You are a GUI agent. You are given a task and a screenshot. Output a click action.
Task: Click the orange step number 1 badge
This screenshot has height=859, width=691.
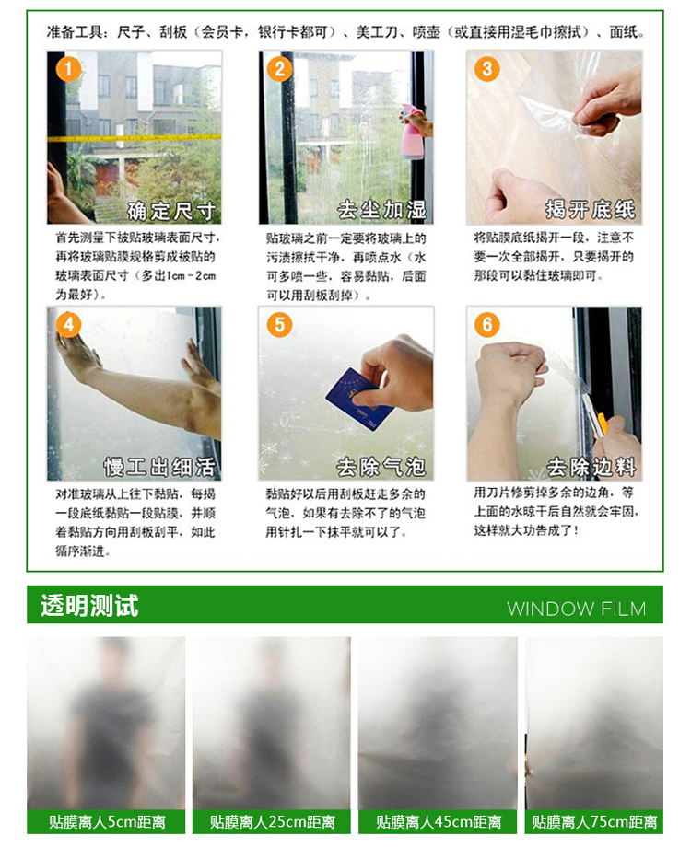(x=68, y=70)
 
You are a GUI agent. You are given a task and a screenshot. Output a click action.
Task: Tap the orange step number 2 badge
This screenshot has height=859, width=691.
(x=280, y=70)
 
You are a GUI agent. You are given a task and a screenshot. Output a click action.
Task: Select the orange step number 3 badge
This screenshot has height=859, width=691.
(x=487, y=70)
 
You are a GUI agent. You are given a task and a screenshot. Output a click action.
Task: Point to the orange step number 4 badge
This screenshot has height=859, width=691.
(x=68, y=325)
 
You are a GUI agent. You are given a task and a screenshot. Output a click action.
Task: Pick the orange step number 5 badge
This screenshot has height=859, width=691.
(x=280, y=325)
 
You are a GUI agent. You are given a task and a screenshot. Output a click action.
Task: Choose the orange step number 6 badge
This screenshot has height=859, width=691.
(x=487, y=325)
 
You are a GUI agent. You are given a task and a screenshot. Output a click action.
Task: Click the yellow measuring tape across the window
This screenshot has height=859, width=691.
(x=135, y=138)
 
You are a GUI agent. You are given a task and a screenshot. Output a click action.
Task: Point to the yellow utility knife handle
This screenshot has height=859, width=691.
(x=602, y=425)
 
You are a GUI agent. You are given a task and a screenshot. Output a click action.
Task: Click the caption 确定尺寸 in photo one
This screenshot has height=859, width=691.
(x=171, y=211)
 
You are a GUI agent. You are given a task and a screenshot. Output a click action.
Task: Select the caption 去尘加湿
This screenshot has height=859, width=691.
(x=381, y=210)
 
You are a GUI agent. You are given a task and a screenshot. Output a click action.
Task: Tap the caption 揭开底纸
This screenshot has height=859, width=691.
(x=590, y=209)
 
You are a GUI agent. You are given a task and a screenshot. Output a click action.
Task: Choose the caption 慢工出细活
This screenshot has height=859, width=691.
(x=159, y=467)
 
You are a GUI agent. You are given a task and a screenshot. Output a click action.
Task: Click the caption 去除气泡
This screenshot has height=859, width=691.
(x=381, y=467)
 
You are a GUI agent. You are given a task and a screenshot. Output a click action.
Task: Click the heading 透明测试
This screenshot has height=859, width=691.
(x=89, y=606)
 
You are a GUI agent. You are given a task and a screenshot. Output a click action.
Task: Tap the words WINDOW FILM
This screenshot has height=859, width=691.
(x=577, y=609)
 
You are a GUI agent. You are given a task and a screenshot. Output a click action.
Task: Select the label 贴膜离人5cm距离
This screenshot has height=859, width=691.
(x=107, y=822)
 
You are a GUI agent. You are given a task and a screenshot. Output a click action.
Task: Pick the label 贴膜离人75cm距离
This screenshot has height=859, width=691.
(x=594, y=822)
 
